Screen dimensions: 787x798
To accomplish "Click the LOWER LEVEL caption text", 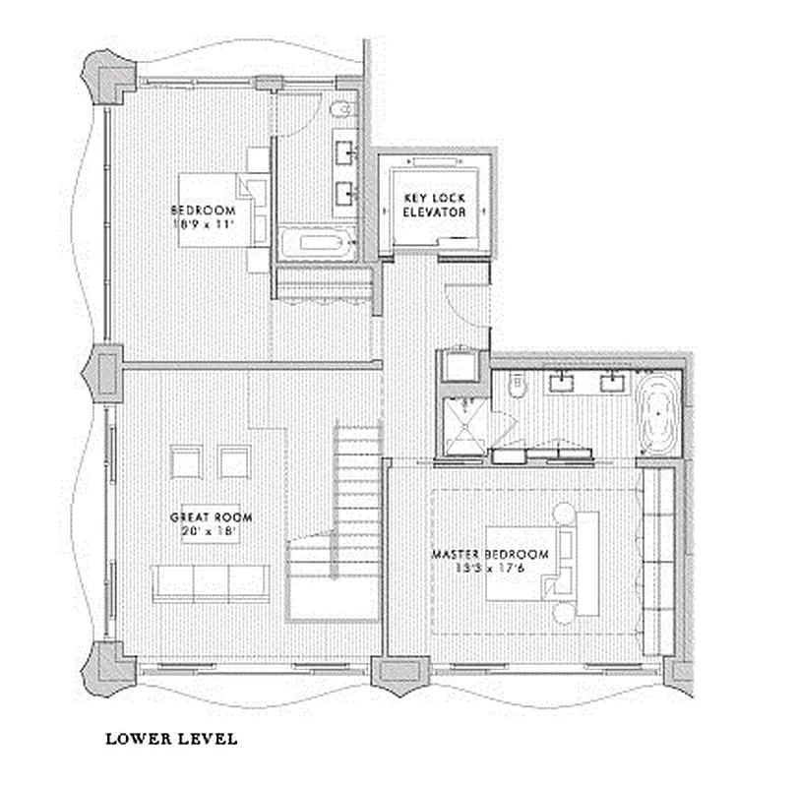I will pos(171,738).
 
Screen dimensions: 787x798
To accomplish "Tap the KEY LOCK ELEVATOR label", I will pos(434,205).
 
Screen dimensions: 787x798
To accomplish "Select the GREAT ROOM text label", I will pos(211,517).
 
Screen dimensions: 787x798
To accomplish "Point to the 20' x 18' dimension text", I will pos(211,532).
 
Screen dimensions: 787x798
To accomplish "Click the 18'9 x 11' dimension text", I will pos(204,224).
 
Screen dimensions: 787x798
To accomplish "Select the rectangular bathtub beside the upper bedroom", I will pos(316,244).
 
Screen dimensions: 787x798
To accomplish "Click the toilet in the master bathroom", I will pos(512,391).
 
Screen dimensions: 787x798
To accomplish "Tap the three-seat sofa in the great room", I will pos(211,582).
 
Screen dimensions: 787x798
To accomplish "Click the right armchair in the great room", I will pos(234,462).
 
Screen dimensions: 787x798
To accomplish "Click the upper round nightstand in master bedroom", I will pos(565,513).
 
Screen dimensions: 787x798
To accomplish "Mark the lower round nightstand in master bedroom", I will pos(565,611).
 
